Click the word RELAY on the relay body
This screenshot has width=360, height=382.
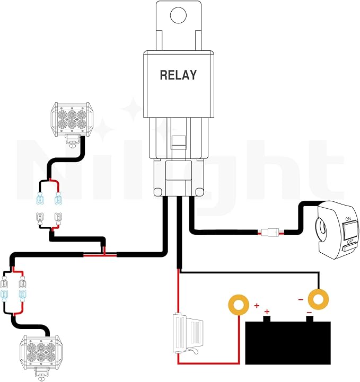coord(178,75)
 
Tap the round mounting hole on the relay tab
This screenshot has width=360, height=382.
coord(179,15)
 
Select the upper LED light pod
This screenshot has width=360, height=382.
coord(72,119)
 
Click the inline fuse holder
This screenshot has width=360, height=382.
coord(188,334)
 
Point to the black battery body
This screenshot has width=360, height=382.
coord(288,343)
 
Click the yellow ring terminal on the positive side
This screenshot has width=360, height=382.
coord(239,305)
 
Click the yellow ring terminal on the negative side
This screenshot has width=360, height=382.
coord(318,299)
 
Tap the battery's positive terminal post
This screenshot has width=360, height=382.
coord(267,318)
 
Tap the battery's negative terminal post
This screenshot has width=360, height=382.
coord(310,318)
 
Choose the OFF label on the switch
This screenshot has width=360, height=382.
coord(350,242)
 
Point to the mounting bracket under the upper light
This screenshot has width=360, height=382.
coord(72,141)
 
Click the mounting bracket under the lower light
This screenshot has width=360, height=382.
coord(41,373)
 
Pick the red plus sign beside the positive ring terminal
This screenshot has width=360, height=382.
coord(257,306)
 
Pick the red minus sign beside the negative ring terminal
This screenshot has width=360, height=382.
coord(301,299)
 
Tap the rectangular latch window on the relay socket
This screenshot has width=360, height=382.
coord(179,143)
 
